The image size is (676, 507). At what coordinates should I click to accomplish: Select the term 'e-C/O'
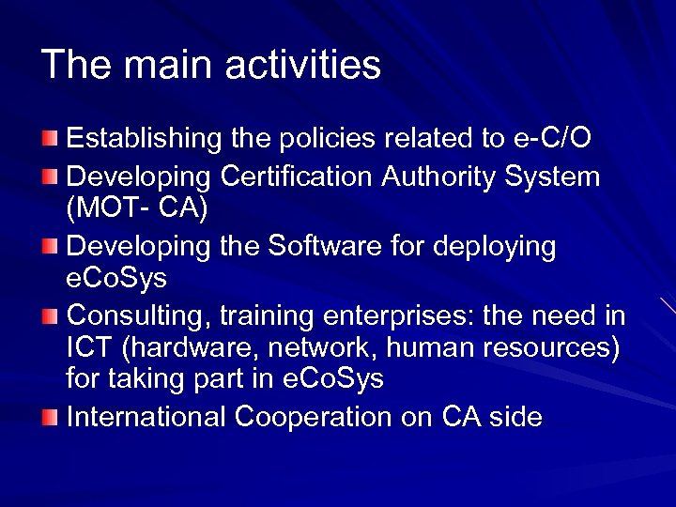click(x=551, y=139)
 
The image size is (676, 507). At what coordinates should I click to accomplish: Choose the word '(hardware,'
click(x=188, y=348)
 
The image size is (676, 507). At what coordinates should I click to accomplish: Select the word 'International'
click(x=146, y=417)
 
